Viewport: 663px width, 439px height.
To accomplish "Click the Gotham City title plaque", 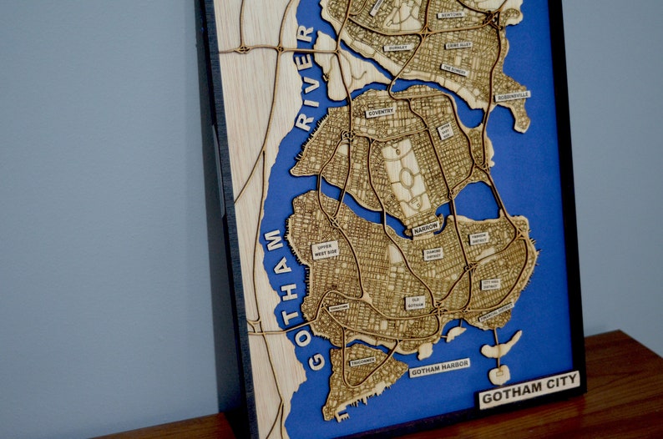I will tap(529, 388).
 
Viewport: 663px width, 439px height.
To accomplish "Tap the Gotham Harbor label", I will tap(439, 367).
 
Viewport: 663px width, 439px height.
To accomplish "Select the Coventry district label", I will tap(381, 112).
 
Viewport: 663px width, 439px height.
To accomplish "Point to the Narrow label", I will tap(426, 227).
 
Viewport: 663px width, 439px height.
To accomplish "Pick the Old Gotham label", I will tap(415, 302).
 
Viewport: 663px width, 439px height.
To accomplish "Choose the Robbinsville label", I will tap(512, 95).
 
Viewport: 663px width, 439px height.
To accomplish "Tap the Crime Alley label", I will tap(458, 45).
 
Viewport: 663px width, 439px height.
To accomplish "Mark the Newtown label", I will tap(450, 15).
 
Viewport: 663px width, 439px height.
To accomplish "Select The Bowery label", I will tap(454, 70).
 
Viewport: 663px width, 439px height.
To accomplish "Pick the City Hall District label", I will tap(491, 285).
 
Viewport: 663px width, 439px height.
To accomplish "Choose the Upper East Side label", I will tap(445, 131).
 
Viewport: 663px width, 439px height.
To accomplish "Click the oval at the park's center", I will tap(406, 177).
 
